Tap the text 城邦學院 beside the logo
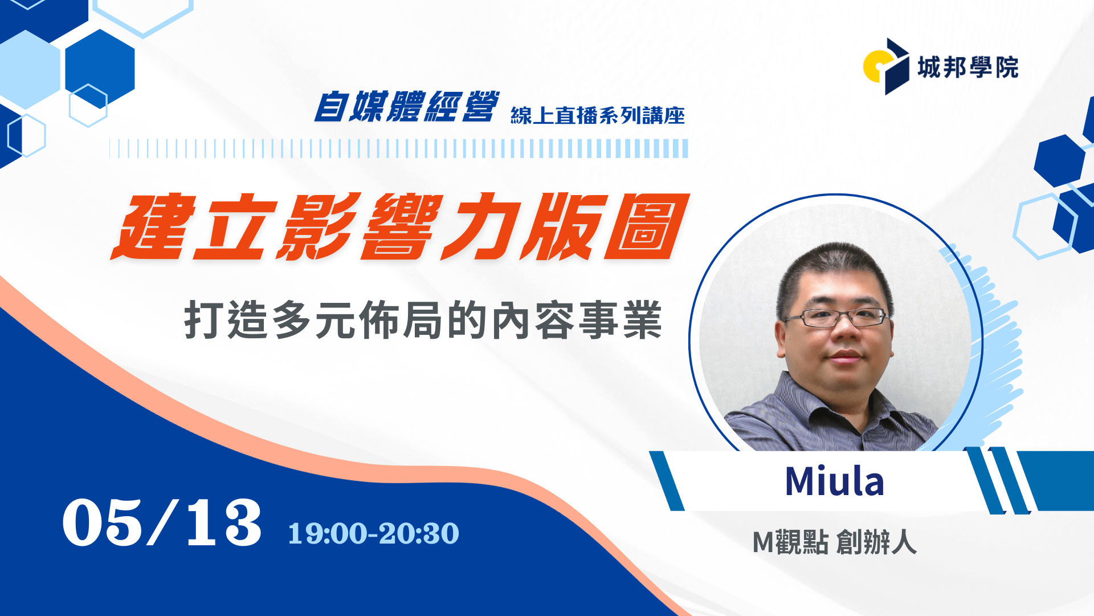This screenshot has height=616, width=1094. point(968,67)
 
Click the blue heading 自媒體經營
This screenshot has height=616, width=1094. point(407,106)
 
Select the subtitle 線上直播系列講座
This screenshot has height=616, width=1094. point(598,115)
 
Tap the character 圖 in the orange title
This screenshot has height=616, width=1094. point(647,226)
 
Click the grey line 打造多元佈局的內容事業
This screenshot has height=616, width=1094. point(423,321)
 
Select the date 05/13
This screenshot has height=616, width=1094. point(162,522)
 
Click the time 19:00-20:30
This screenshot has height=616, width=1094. point(374,533)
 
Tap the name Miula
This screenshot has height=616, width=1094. point(834,481)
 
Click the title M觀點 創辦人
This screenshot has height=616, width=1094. point(834,542)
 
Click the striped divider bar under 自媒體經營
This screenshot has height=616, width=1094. point(399,148)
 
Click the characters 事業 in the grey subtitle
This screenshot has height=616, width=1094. point(621,321)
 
